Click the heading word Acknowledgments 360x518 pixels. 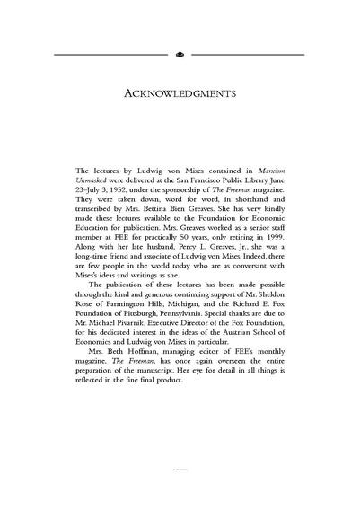click(180, 92)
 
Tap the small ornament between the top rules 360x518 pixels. click(180, 54)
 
